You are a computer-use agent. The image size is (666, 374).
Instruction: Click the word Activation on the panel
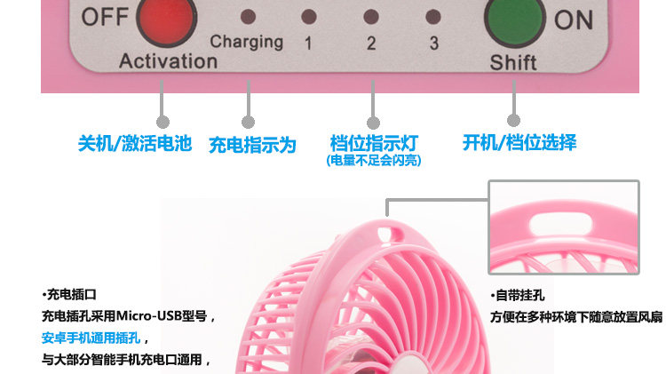[168, 61]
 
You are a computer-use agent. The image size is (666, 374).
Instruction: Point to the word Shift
[513, 63]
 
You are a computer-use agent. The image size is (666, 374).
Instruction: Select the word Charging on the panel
[246, 41]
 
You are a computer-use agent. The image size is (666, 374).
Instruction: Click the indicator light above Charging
[249, 16]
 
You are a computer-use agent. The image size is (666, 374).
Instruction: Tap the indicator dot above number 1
[308, 16]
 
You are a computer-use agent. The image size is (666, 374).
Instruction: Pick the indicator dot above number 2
[371, 16]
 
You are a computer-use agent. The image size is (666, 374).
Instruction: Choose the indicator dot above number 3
[433, 16]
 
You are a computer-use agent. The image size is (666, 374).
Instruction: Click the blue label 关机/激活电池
[134, 143]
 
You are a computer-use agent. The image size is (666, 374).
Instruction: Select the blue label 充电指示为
[252, 145]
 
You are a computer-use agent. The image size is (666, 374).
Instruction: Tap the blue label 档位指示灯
[374, 143]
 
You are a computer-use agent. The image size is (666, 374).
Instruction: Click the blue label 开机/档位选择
[519, 142]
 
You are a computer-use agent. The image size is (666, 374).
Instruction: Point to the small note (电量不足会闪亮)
[374, 161]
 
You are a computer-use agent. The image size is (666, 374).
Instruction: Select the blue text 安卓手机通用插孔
[95, 338]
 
